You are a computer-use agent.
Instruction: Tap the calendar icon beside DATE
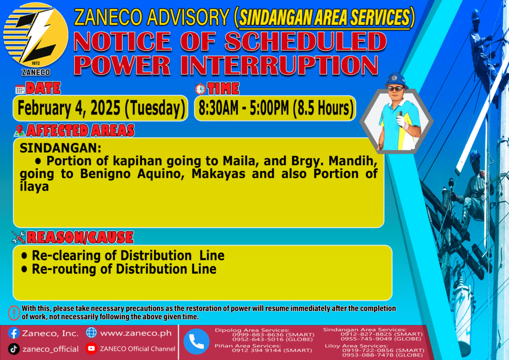(x=20, y=90)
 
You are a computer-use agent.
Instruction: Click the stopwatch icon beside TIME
(x=200, y=89)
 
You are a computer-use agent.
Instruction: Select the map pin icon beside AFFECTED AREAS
(x=19, y=130)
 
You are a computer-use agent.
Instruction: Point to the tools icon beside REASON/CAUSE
(x=18, y=237)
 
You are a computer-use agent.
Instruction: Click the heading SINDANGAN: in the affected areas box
(x=60, y=148)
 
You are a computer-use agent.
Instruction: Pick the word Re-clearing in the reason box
(x=75, y=256)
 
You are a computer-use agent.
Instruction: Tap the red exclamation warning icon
(x=14, y=313)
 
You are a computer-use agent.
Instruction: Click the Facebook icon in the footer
(x=13, y=333)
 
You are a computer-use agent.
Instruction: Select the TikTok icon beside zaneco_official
(x=13, y=349)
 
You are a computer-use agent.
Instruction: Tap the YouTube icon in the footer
(x=91, y=348)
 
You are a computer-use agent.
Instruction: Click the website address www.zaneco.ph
(x=136, y=333)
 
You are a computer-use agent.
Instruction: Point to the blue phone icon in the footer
(x=196, y=342)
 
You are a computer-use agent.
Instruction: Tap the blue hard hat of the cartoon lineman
(x=396, y=80)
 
